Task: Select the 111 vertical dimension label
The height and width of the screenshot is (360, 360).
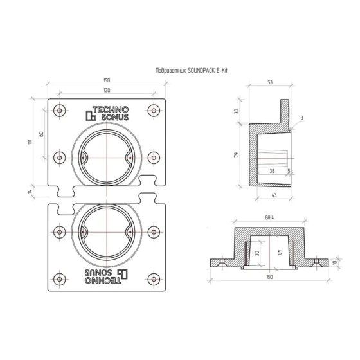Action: [x=30, y=142]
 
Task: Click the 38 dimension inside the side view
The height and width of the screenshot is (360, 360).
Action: [x=273, y=171]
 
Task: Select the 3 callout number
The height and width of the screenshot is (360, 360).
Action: [x=301, y=118]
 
